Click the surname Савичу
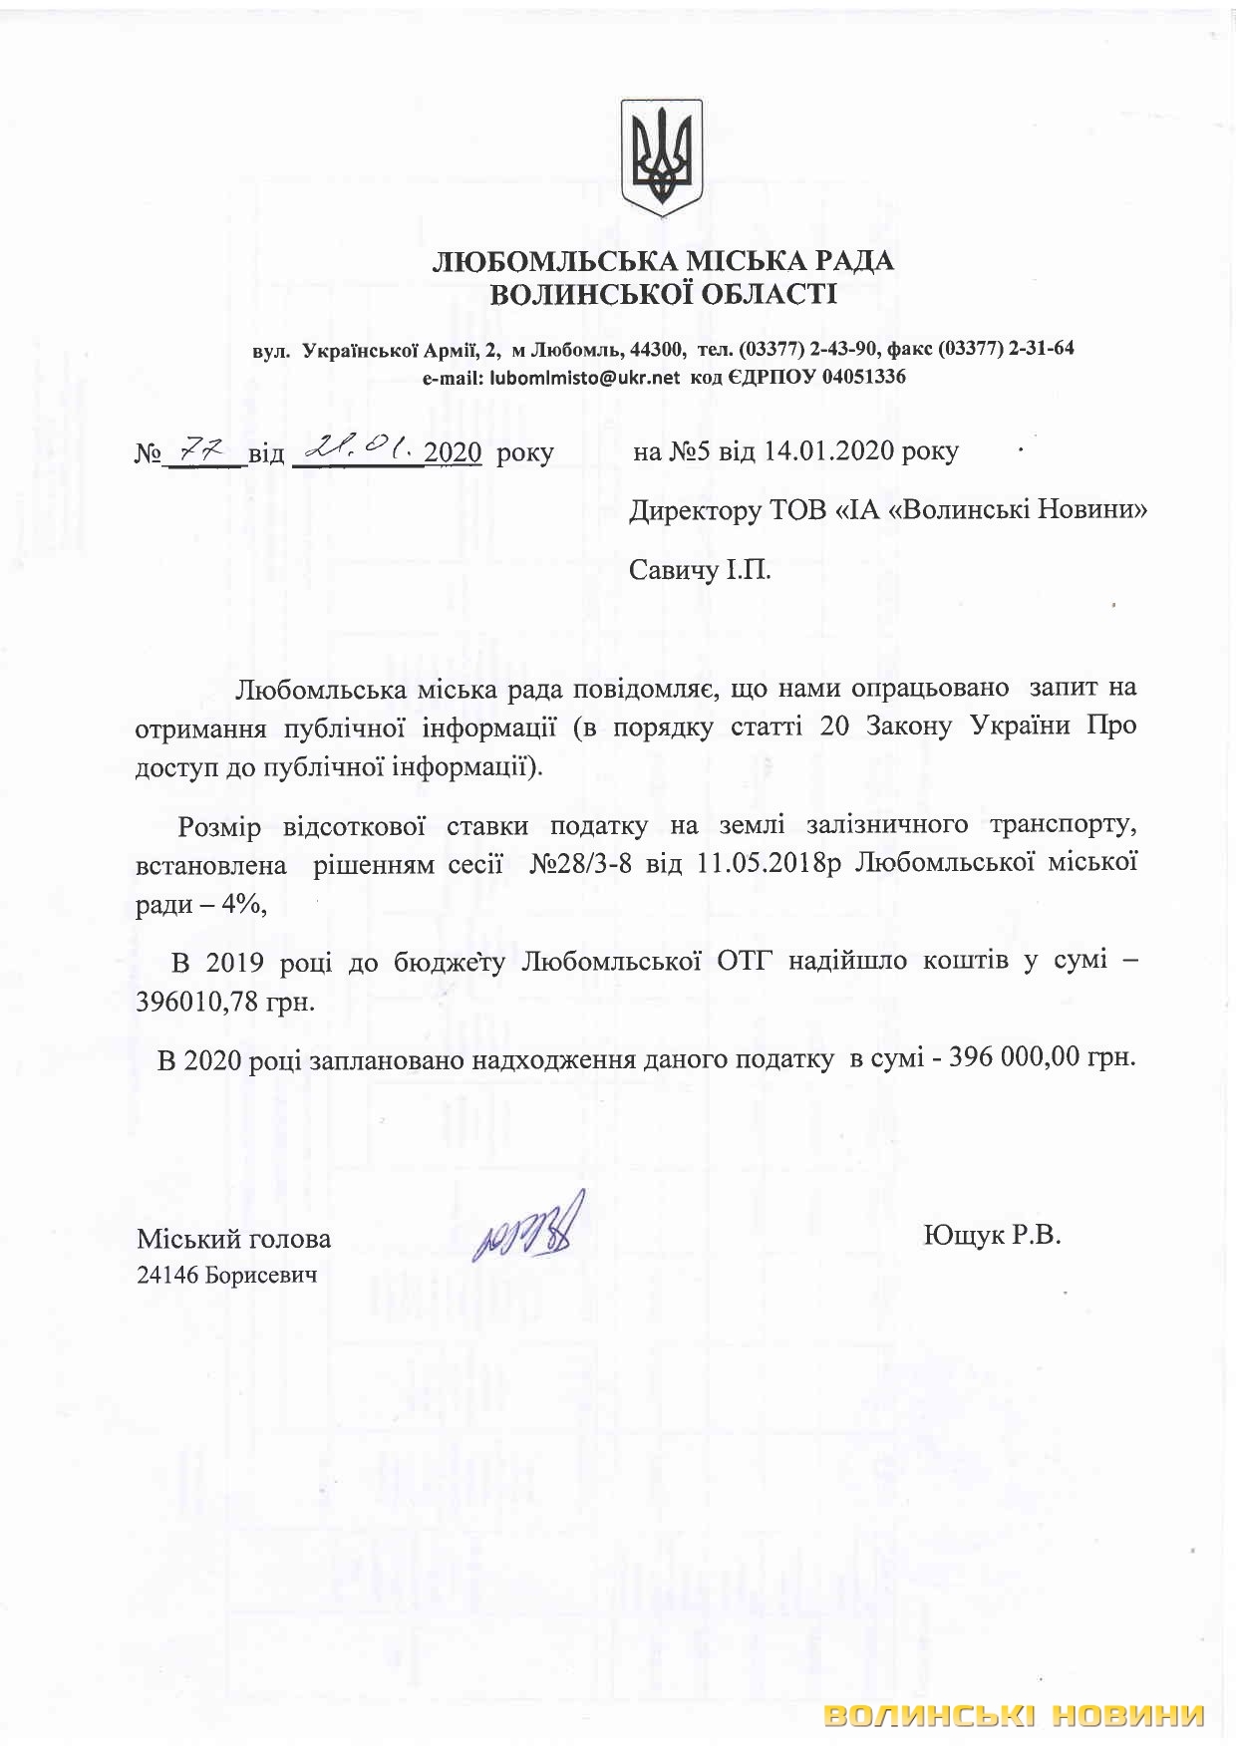673,571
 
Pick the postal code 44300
657,350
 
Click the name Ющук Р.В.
992,1237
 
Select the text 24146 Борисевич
226,1274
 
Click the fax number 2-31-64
1041,350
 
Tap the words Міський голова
234,1239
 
